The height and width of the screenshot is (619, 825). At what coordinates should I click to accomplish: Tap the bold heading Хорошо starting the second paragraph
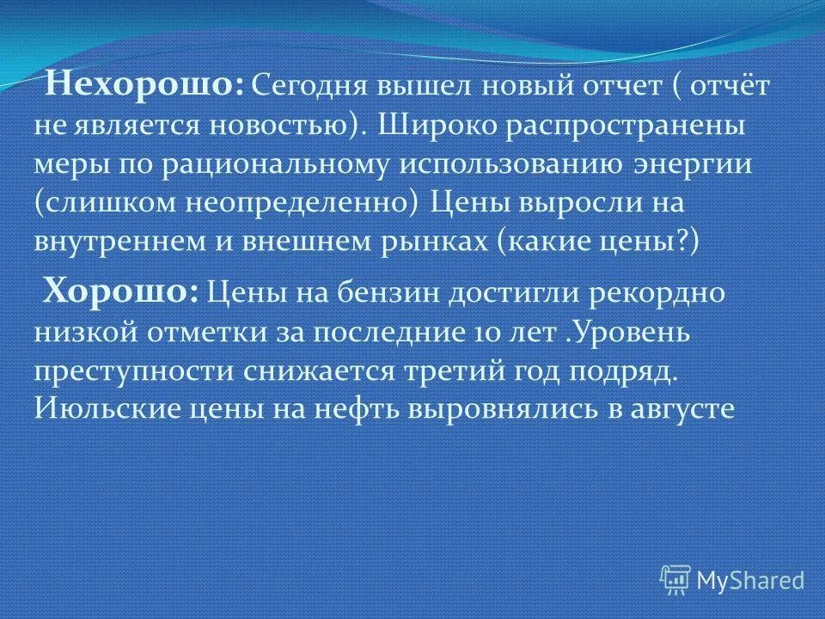[121, 291]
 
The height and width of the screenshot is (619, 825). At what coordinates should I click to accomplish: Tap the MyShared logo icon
[676, 579]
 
